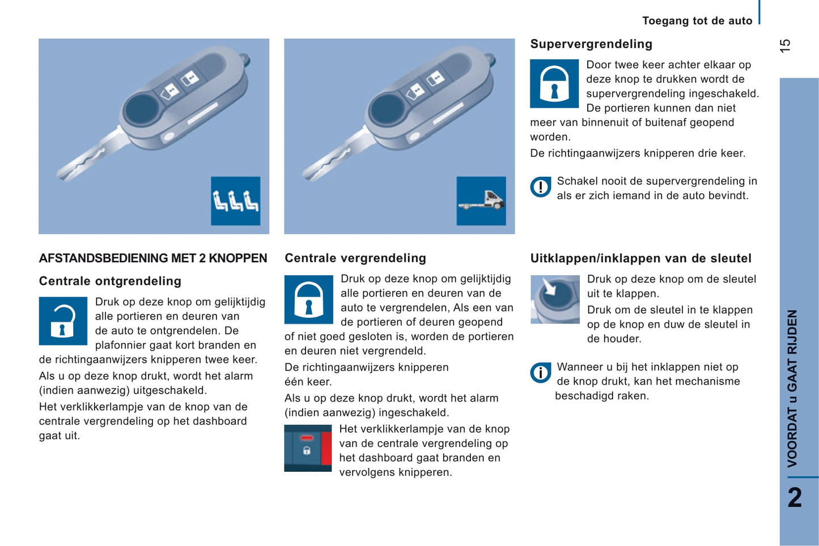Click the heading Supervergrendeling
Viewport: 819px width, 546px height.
click(x=591, y=44)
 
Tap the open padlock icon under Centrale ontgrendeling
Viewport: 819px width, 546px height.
click(x=63, y=321)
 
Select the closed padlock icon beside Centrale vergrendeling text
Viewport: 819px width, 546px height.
click(x=308, y=299)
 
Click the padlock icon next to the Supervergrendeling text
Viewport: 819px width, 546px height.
click(x=554, y=83)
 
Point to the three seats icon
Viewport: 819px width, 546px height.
click(x=235, y=201)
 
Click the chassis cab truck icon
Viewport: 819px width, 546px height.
click(x=481, y=201)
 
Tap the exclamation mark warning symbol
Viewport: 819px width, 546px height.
click(x=540, y=187)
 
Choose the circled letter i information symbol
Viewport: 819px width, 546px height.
click(x=540, y=373)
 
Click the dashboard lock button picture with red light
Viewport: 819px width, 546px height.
click(x=308, y=448)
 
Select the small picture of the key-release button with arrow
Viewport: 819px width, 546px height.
click(x=554, y=299)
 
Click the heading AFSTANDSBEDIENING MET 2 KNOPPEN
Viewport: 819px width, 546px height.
click(x=152, y=258)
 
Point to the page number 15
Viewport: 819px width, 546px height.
click(x=785, y=46)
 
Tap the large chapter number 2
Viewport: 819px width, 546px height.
click(x=795, y=498)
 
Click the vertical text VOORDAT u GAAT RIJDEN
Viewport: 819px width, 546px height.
click(x=792, y=388)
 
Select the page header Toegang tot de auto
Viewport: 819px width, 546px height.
click(x=697, y=21)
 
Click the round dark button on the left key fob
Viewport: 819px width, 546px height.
click(x=142, y=109)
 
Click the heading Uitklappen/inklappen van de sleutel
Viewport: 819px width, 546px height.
click(x=640, y=258)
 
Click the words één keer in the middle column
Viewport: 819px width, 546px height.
click(x=308, y=382)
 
